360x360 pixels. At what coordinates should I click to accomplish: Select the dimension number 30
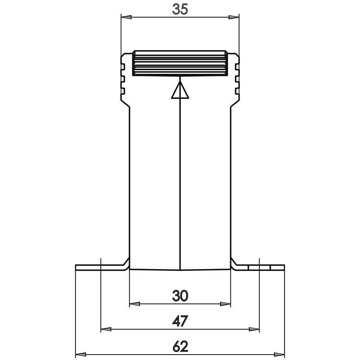coord(180,295)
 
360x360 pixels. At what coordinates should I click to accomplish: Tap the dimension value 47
coord(180,320)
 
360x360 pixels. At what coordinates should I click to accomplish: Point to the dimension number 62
coord(180,346)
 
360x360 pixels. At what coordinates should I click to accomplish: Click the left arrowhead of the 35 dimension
coord(126,18)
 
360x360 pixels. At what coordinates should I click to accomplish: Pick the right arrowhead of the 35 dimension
coord(234,18)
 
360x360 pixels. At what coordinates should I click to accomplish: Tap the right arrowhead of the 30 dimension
coord(227,304)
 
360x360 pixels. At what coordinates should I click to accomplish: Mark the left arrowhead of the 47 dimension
coord(105,329)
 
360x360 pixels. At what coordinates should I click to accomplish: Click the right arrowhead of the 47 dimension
coord(256,329)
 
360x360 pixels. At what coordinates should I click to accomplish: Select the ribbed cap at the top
coord(180,63)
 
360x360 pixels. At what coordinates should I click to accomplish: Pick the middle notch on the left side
coord(122,80)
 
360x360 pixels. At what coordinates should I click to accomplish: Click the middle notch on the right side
coord(238,80)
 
